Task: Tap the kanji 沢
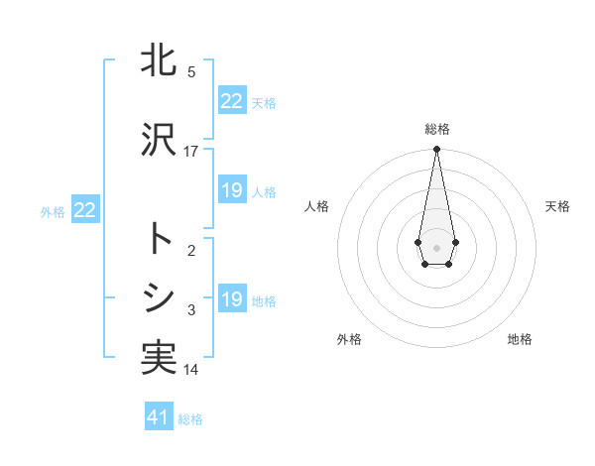click(x=159, y=140)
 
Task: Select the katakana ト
click(x=159, y=240)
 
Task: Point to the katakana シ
click(x=159, y=296)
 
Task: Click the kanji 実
click(x=159, y=357)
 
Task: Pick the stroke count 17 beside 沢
click(x=191, y=151)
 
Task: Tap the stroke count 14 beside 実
click(x=191, y=370)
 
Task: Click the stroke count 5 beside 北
click(x=191, y=71)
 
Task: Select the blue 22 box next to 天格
click(x=232, y=101)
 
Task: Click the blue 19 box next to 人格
click(x=232, y=190)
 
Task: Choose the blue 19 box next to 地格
click(x=232, y=299)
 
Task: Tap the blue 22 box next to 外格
click(x=84, y=210)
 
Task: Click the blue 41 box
click(x=159, y=417)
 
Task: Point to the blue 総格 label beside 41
click(x=190, y=419)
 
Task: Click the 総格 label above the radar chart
click(x=436, y=129)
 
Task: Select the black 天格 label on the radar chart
click(x=557, y=206)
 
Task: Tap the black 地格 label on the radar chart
click(x=520, y=339)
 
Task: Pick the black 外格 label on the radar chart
click(x=349, y=339)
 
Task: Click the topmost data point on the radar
click(x=436, y=150)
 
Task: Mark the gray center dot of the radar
click(x=436, y=246)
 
